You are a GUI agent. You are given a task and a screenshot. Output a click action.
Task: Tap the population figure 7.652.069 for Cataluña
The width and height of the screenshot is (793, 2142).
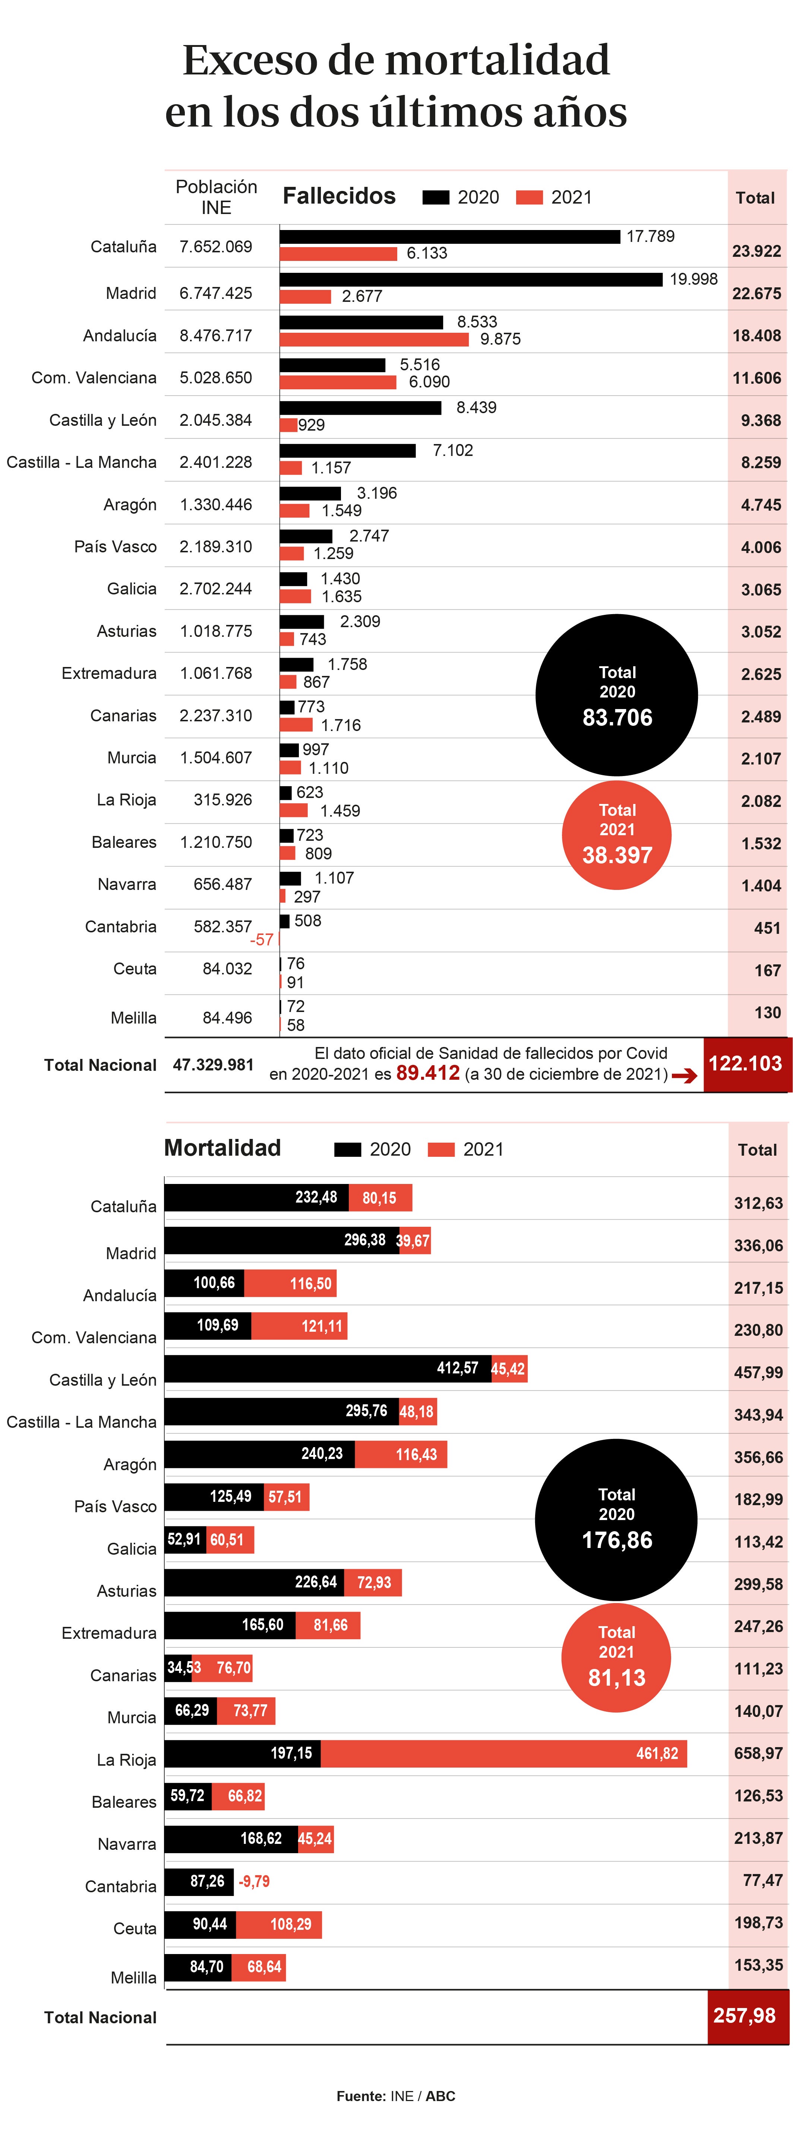point(215,247)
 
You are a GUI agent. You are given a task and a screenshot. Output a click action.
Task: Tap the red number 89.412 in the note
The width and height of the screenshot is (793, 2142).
point(428,1073)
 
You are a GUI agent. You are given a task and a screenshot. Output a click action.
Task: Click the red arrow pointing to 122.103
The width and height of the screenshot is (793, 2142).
point(684,1076)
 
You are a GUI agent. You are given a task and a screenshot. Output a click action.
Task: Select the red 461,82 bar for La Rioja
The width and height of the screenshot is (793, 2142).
point(503,1754)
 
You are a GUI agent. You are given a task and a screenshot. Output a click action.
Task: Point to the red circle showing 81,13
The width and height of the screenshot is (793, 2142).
point(617,1657)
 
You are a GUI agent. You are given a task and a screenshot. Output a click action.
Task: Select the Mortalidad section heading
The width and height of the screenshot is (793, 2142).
point(222,1148)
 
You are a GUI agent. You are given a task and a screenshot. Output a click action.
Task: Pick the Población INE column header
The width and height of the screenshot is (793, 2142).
point(217,197)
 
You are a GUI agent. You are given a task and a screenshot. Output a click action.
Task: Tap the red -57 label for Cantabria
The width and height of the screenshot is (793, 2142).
point(261,940)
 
